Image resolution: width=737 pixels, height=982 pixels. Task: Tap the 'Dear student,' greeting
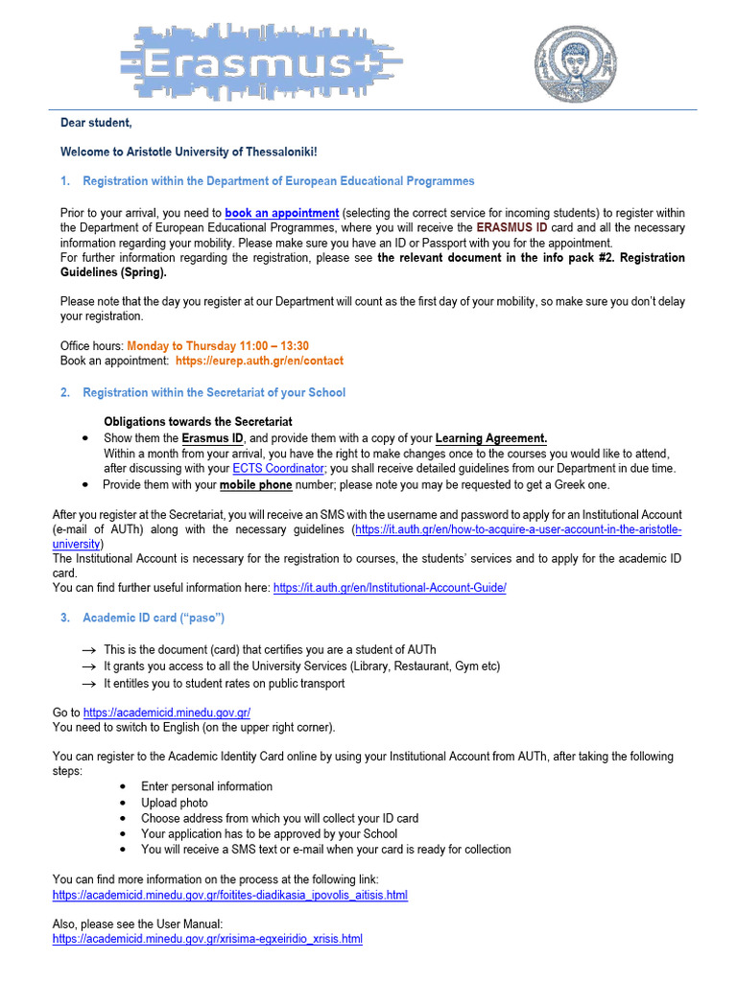click(x=96, y=124)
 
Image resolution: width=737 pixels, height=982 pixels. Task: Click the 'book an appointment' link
click(x=281, y=213)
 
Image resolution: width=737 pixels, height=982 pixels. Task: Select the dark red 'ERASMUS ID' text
click(x=512, y=228)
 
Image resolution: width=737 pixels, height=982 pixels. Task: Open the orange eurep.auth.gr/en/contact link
click(x=259, y=361)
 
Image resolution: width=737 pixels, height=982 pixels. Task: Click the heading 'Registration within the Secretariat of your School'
click(x=214, y=392)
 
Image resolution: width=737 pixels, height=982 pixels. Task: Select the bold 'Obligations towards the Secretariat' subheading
click(x=198, y=422)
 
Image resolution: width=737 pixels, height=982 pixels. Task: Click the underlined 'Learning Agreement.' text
click(x=491, y=438)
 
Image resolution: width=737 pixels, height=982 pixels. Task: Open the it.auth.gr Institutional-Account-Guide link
click(x=390, y=588)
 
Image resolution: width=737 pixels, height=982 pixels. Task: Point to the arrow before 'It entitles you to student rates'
click(x=89, y=684)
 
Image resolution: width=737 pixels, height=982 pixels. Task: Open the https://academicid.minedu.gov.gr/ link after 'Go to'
click(x=167, y=713)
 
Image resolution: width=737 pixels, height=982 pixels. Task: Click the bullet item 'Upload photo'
click(x=175, y=803)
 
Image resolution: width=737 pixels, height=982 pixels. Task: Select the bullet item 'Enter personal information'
click(x=206, y=786)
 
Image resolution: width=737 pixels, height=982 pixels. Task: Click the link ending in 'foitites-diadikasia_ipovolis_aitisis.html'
click(x=230, y=895)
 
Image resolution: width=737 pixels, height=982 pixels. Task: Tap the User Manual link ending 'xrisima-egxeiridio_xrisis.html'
click(x=207, y=939)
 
